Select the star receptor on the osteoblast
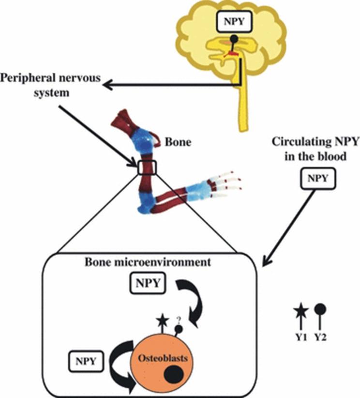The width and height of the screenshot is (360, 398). (x=162, y=320)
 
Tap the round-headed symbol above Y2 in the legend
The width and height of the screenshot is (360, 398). (x=320, y=309)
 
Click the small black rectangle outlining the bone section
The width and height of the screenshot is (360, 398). (x=147, y=168)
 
